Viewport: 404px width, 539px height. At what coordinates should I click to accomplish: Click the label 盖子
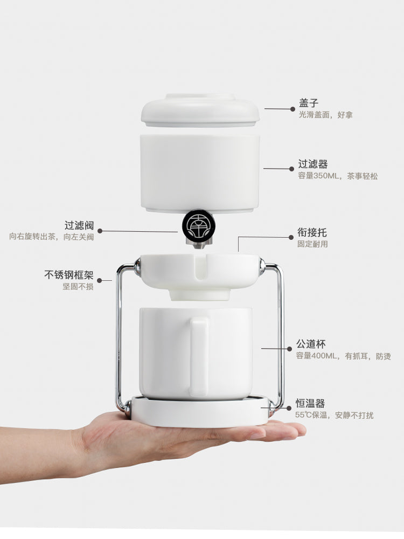click(309, 102)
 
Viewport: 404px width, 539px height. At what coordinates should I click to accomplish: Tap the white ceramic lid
click(200, 110)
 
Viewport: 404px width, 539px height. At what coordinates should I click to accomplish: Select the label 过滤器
click(313, 164)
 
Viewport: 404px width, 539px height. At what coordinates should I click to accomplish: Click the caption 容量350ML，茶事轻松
click(338, 176)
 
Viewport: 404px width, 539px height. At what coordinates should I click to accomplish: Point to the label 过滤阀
click(79, 225)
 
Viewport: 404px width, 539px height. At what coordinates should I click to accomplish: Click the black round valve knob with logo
click(199, 225)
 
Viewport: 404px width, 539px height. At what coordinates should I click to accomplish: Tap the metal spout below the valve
click(198, 244)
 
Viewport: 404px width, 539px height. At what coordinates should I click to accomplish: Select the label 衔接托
click(312, 232)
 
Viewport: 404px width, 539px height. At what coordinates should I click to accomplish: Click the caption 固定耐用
click(312, 244)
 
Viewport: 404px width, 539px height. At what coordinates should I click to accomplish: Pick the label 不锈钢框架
click(69, 275)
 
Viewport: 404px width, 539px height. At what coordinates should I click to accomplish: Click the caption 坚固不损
click(78, 286)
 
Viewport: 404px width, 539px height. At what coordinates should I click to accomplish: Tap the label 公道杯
click(311, 344)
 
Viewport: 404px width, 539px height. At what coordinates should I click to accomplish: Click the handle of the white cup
click(199, 357)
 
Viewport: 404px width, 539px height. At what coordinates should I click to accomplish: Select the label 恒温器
click(310, 403)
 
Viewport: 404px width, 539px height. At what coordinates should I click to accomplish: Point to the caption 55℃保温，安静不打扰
click(335, 415)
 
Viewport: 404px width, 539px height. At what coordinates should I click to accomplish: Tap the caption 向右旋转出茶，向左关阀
click(52, 237)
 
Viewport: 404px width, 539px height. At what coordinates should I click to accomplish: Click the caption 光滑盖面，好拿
click(326, 115)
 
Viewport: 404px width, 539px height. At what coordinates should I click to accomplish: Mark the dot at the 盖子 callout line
click(292, 109)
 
